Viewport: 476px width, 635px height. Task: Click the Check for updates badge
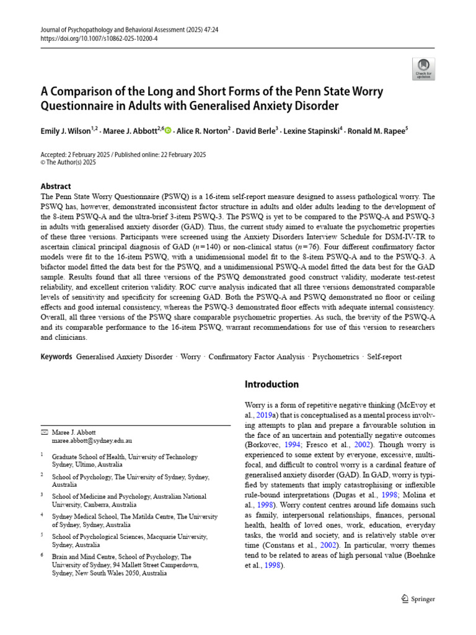click(423, 69)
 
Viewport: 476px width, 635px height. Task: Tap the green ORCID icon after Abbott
click(168, 130)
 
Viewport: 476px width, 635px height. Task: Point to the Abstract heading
click(56, 186)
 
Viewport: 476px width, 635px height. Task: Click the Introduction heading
click(271, 384)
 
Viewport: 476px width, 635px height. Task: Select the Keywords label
click(56, 357)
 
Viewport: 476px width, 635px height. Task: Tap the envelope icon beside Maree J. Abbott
click(43, 432)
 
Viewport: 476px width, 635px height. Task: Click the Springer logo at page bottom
click(418, 599)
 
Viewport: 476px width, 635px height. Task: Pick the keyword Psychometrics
click(335, 357)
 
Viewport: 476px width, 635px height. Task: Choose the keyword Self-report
click(384, 357)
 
